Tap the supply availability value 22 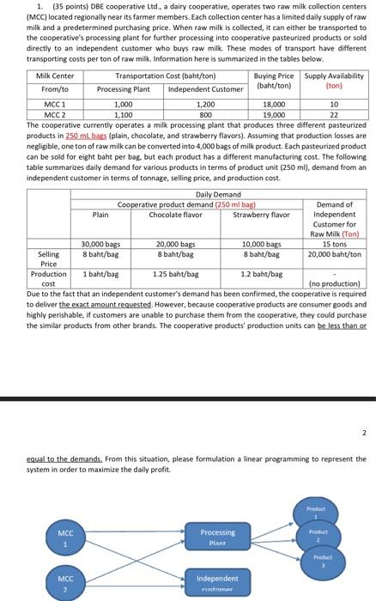click(x=334, y=112)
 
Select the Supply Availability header click(x=334, y=80)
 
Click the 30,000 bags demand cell click(x=100, y=244)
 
